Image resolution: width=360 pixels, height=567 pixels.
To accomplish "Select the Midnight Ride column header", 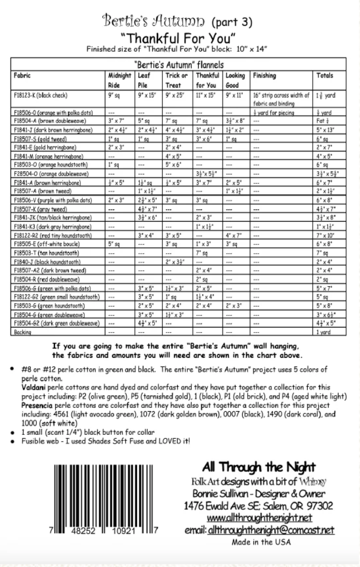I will (119, 80).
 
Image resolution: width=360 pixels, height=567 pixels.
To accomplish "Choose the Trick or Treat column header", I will (176, 80).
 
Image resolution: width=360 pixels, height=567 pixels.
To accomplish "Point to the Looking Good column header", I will (234, 80).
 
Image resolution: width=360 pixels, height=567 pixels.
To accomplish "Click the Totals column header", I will (325, 75).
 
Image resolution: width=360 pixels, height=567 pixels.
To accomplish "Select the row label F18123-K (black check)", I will (42, 95).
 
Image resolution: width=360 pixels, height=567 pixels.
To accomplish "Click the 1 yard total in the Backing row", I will (324, 332).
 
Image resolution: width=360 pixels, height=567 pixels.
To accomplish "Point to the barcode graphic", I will (105, 495).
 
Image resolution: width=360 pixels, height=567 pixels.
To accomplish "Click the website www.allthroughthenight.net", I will (260, 518).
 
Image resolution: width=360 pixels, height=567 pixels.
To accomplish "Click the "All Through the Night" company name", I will (259, 467).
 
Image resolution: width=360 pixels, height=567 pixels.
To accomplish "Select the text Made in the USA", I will (259, 543).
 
